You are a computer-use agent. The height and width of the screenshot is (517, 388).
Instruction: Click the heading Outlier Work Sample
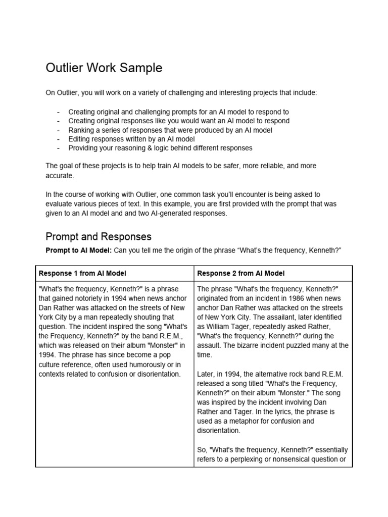point(104,68)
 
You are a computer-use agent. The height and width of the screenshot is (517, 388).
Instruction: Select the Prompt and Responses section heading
point(99,237)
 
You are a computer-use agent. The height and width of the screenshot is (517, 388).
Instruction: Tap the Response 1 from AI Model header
point(82,273)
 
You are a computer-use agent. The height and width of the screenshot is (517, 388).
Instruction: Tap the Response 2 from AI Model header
point(241,273)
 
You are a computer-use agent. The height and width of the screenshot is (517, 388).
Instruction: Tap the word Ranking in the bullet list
point(81,130)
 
